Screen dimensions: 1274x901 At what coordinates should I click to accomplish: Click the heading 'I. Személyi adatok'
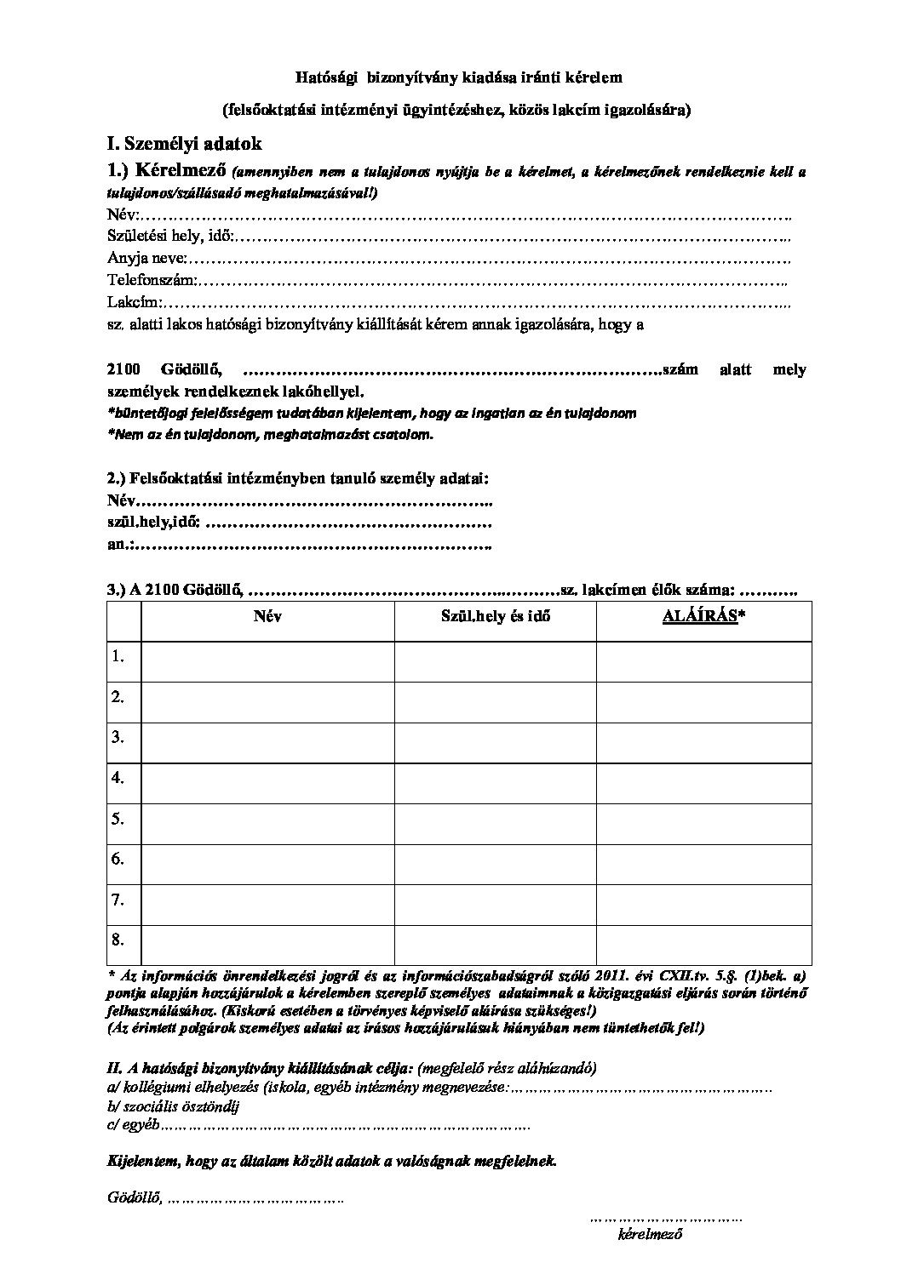184,145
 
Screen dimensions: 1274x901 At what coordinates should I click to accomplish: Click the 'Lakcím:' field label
135,301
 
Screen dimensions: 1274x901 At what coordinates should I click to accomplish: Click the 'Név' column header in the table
267,616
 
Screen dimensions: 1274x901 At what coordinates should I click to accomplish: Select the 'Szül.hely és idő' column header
495,616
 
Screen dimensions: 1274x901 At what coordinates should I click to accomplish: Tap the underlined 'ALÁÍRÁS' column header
699,616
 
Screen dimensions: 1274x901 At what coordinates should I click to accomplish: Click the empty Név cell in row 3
267,737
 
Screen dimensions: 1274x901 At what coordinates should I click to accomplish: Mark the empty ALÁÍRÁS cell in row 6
703,860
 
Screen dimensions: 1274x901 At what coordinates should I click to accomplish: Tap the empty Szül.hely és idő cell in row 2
495,697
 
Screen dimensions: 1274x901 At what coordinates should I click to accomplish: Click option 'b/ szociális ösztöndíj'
174,1107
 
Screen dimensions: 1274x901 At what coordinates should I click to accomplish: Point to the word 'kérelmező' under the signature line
651,1233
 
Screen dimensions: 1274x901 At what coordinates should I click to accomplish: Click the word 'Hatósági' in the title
324,77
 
